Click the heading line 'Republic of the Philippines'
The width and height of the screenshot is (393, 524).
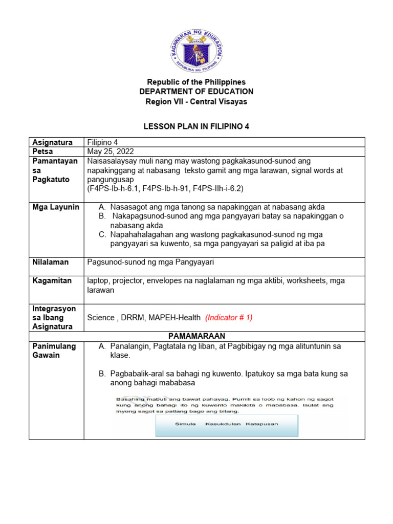[x=196, y=82]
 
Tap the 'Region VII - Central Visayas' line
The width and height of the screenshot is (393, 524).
[x=196, y=101]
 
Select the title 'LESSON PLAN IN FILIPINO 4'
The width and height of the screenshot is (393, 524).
[x=196, y=126]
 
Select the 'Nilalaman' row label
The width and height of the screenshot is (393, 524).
[x=50, y=262]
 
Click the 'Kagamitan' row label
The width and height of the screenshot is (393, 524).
[x=52, y=280]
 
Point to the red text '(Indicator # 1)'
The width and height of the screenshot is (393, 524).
[x=229, y=317]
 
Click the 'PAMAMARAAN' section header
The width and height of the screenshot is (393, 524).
[x=196, y=336]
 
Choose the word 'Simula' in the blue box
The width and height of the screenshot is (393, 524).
[x=185, y=424]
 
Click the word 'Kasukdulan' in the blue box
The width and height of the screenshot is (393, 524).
[x=223, y=424]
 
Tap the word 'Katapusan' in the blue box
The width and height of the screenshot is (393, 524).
[x=261, y=424]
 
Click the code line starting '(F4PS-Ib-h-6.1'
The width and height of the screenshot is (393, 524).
[x=165, y=188]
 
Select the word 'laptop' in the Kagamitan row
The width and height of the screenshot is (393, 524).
[x=98, y=280]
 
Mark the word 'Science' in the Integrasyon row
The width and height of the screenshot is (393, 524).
[x=101, y=317]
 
